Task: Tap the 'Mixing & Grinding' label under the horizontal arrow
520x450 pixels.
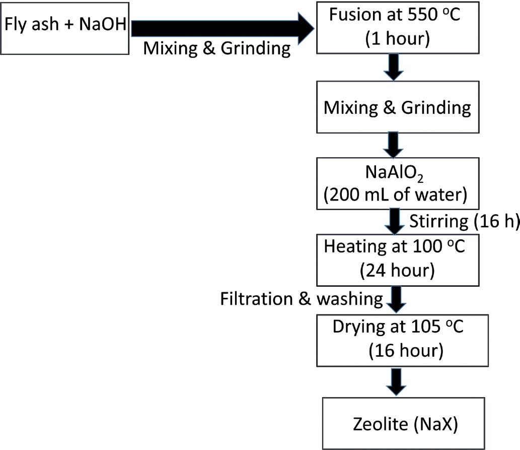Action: pos(217,49)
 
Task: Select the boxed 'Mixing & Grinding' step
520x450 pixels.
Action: pos(397,109)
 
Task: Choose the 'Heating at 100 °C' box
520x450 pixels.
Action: pos(397,259)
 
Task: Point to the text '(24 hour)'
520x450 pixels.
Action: pos(397,271)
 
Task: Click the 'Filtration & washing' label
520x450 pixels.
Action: pos(301,299)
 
